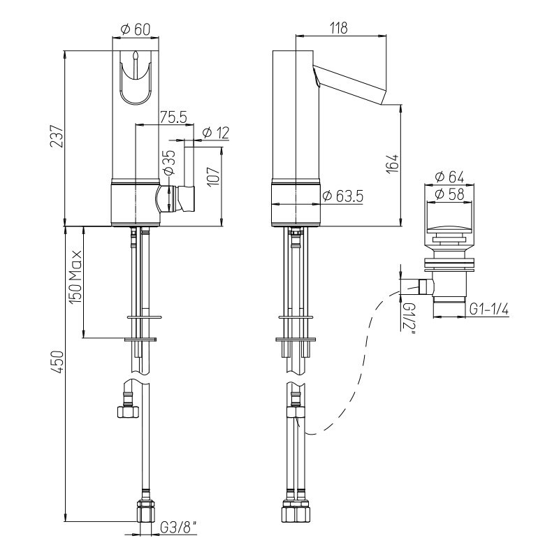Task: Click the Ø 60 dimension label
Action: click(x=136, y=29)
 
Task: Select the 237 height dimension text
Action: click(x=57, y=136)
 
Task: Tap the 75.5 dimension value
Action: click(x=173, y=117)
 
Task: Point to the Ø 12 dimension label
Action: click(x=216, y=133)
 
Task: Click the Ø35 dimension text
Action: click(x=169, y=162)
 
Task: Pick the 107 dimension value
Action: click(x=214, y=176)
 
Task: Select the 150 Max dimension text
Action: click(x=75, y=277)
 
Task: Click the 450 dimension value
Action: click(x=57, y=362)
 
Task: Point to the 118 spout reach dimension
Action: click(x=338, y=28)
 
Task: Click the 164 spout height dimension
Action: click(x=393, y=164)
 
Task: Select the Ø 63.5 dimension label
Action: click(x=342, y=196)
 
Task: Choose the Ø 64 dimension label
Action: click(x=450, y=177)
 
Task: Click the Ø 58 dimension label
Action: click(x=450, y=194)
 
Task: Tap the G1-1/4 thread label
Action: click(x=488, y=310)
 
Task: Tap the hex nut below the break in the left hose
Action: click(x=127, y=412)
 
